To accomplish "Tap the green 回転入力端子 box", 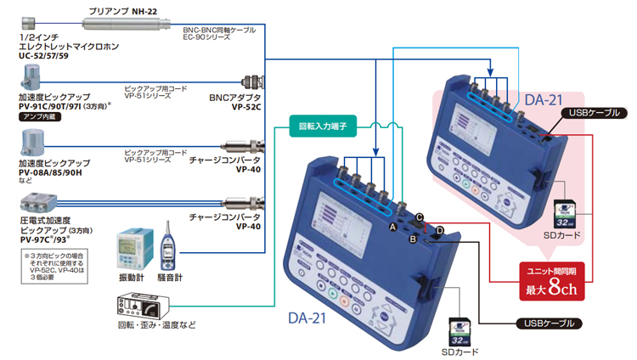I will point(319,127).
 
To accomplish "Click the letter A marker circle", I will point(393,228).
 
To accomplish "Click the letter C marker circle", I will point(420,217).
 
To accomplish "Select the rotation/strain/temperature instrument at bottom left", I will point(140,302).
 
